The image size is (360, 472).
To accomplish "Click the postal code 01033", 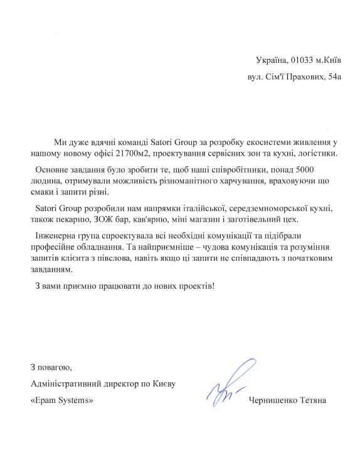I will click(302, 60).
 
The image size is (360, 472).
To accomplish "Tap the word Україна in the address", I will click(272, 60).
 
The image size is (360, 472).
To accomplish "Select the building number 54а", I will click(336, 80).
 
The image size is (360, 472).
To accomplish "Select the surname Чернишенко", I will click(273, 400).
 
